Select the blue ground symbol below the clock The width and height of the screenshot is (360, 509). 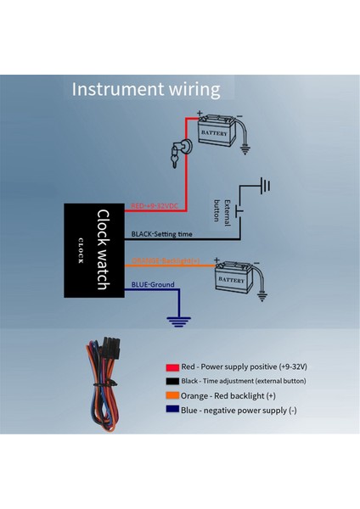tap(178, 321)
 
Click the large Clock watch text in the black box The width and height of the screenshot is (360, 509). tap(101, 249)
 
